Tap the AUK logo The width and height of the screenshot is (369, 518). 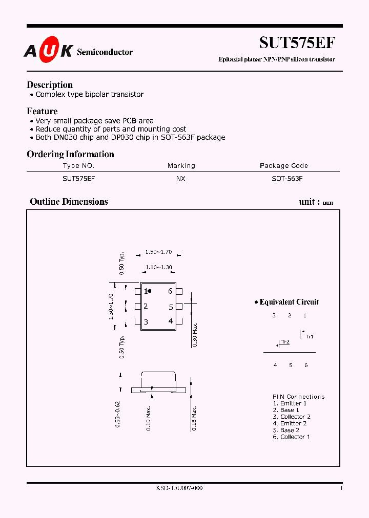click(48, 51)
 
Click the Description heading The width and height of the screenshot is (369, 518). click(50, 85)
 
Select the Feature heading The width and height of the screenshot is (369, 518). click(42, 111)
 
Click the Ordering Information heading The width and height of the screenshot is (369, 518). click(70, 154)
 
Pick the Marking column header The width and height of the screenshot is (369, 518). click(181, 166)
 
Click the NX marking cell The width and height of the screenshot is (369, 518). click(181, 179)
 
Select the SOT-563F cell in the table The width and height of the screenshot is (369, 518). click(287, 179)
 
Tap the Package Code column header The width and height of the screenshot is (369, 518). click(284, 166)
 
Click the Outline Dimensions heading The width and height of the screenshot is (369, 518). click(69, 202)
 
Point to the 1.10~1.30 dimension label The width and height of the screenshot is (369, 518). click(158, 267)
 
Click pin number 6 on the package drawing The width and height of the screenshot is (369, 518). click(170, 291)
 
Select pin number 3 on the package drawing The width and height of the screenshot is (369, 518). click(146, 322)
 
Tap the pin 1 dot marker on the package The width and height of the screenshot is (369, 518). click(150, 291)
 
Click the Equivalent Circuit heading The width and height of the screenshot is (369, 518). click(289, 302)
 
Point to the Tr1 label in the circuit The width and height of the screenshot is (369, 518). click(310, 336)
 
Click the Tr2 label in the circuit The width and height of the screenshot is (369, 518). click(285, 342)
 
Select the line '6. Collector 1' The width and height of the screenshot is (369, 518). click(291, 437)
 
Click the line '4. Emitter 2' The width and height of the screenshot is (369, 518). click(290, 423)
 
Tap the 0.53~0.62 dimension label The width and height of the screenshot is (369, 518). click(118, 414)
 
